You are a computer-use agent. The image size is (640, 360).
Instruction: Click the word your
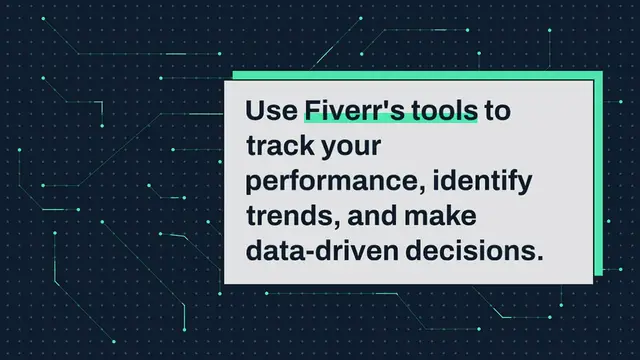click(x=351, y=149)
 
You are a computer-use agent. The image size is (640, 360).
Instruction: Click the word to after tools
click(x=498, y=112)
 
